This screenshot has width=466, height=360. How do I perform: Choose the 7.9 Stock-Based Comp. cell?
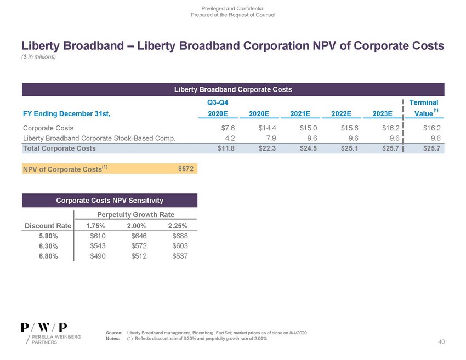(x=263, y=138)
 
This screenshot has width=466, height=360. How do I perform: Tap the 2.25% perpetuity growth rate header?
(x=177, y=226)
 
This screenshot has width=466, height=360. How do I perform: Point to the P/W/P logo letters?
(x=44, y=326)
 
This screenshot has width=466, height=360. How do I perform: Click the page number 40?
(x=441, y=342)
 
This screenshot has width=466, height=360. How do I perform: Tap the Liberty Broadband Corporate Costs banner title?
(x=232, y=89)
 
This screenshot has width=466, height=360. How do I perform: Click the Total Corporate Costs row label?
(x=59, y=148)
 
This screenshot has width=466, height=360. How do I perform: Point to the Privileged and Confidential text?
(x=232, y=8)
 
